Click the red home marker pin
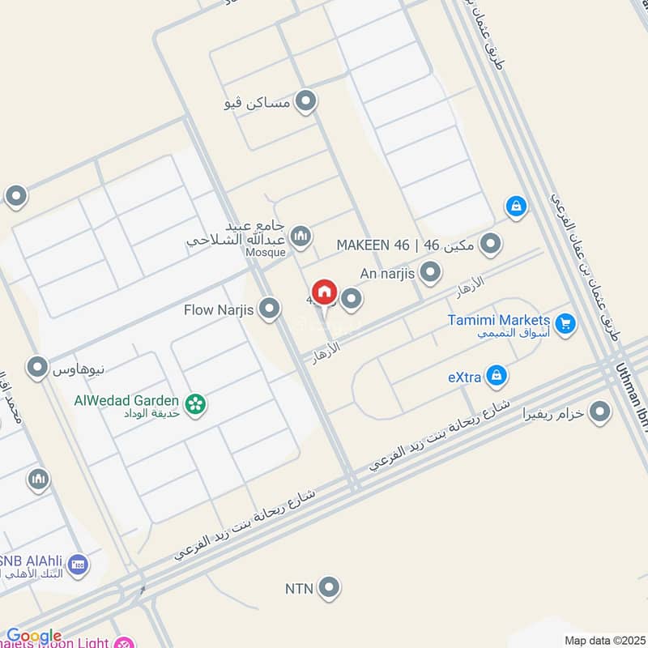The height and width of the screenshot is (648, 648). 324,292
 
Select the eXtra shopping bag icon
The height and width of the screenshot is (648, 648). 498,376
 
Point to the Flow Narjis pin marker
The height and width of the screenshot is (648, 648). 270,309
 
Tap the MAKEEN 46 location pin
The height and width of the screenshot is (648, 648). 489,243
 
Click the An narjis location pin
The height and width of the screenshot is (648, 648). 431,272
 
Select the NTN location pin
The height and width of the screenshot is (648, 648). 328,588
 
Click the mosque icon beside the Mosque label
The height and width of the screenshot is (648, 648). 301,236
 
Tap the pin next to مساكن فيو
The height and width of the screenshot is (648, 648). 305,102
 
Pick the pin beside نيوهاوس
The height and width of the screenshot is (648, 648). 36,369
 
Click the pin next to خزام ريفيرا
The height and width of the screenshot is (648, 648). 599,413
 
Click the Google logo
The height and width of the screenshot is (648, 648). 34,636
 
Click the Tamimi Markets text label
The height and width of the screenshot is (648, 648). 498,320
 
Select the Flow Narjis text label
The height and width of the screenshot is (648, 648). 220,309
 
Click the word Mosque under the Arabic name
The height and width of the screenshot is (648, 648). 266,253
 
